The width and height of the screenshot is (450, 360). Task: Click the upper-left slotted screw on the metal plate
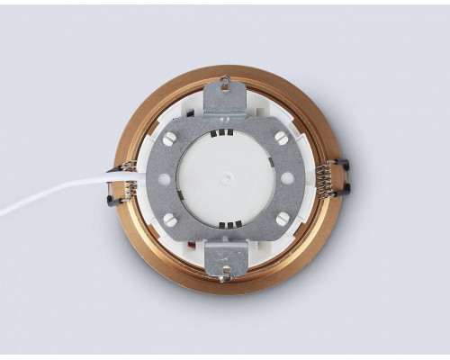click(168, 139)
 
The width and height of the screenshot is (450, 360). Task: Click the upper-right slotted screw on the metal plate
click(281, 138)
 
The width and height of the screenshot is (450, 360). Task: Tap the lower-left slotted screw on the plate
click(168, 219)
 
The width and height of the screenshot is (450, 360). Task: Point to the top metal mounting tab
click(225, 97)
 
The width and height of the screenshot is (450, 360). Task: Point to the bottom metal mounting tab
click(225, 258)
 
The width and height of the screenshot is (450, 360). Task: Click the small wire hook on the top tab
click(225, 82)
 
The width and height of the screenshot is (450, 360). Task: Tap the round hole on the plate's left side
click(163, 178)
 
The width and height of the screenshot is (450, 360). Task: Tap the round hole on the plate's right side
click(287, 178)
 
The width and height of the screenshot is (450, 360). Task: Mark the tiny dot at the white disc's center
click(224, 177)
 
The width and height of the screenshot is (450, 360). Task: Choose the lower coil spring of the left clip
click(129, 191)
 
